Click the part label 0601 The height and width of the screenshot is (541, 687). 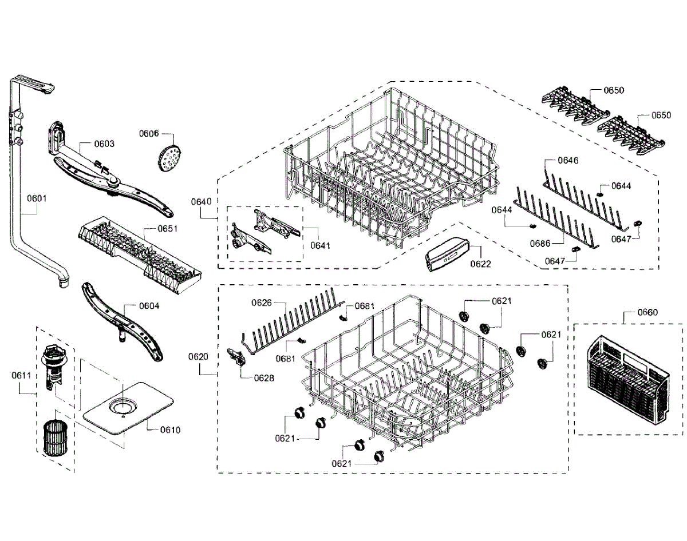(37, 198)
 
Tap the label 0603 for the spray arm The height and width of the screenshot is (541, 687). (104, 144)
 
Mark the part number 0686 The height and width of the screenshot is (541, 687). (540, 244)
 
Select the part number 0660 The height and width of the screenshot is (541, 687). (648, 312)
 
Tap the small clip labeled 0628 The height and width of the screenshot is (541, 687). (236, 357)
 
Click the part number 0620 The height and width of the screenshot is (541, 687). (198, 356)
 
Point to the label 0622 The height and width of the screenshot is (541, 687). (480, 264)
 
